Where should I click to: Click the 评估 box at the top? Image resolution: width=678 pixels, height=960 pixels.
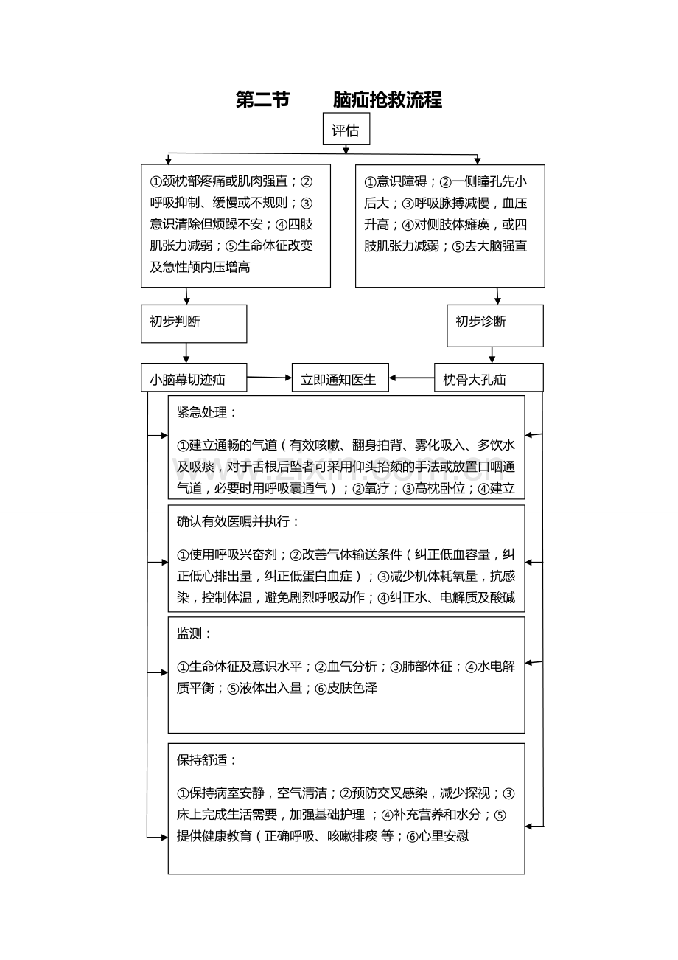[346, 128]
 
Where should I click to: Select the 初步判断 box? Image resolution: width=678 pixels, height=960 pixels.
[194, 324]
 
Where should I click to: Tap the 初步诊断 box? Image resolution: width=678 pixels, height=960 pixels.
[495, 326]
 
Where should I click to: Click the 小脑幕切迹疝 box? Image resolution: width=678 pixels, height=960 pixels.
[194, 378]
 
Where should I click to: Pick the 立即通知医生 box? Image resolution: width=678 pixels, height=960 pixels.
[340, 378]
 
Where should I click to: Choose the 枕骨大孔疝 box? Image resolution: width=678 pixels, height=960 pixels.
[489, 378]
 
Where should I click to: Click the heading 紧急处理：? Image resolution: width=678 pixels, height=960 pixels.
[207, 412]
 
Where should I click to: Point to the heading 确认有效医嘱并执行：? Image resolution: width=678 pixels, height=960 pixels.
[238, 521]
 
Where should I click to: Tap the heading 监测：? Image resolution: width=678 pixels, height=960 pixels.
[195, 634]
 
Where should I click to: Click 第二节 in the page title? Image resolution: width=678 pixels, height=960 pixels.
[263, 100]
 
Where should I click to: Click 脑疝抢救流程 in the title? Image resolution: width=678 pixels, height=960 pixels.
[388, 100]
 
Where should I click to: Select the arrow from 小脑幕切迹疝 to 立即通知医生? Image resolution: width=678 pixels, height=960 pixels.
[270, 378]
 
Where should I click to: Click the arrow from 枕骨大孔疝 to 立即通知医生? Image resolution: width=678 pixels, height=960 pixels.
[412, 378]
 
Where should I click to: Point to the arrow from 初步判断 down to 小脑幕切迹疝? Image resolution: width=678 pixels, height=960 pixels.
[186, 353]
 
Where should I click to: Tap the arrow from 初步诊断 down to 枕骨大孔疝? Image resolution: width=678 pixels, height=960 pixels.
[492, 355]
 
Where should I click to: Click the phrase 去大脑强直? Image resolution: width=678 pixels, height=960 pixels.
[495, 246]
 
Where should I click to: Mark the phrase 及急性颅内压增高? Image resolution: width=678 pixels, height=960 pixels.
[200, 268]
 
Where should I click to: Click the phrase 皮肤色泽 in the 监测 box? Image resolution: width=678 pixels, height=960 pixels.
[352, 688]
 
